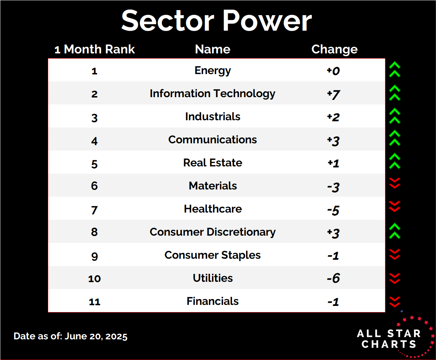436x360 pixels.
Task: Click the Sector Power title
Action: pos(216,21)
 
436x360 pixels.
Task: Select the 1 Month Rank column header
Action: pos(95,49)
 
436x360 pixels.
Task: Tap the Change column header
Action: pos(334,50)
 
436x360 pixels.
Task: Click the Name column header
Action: pos(213,49)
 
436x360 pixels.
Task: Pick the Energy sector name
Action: pos(213,71)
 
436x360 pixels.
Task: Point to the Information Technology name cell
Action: pos(213,94)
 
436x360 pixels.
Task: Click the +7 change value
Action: pos(333,94)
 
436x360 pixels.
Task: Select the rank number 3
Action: pos(94,118)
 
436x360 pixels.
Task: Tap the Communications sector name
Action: pos(213,140)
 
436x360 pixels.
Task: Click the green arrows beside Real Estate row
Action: pos(394,161)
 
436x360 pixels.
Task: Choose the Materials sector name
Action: pos(213,186)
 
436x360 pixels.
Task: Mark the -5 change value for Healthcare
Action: pos(333,210)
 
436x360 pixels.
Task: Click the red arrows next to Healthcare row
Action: pos(394,206)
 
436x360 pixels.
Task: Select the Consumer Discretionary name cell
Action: pos(213,232)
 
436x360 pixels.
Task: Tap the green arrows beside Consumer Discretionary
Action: pos(394,231)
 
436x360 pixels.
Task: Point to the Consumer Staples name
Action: pos(213,255)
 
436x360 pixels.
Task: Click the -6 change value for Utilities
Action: pos(333,278)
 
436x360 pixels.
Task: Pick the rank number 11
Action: pos(94,302)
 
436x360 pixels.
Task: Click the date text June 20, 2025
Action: pos(96,336)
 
